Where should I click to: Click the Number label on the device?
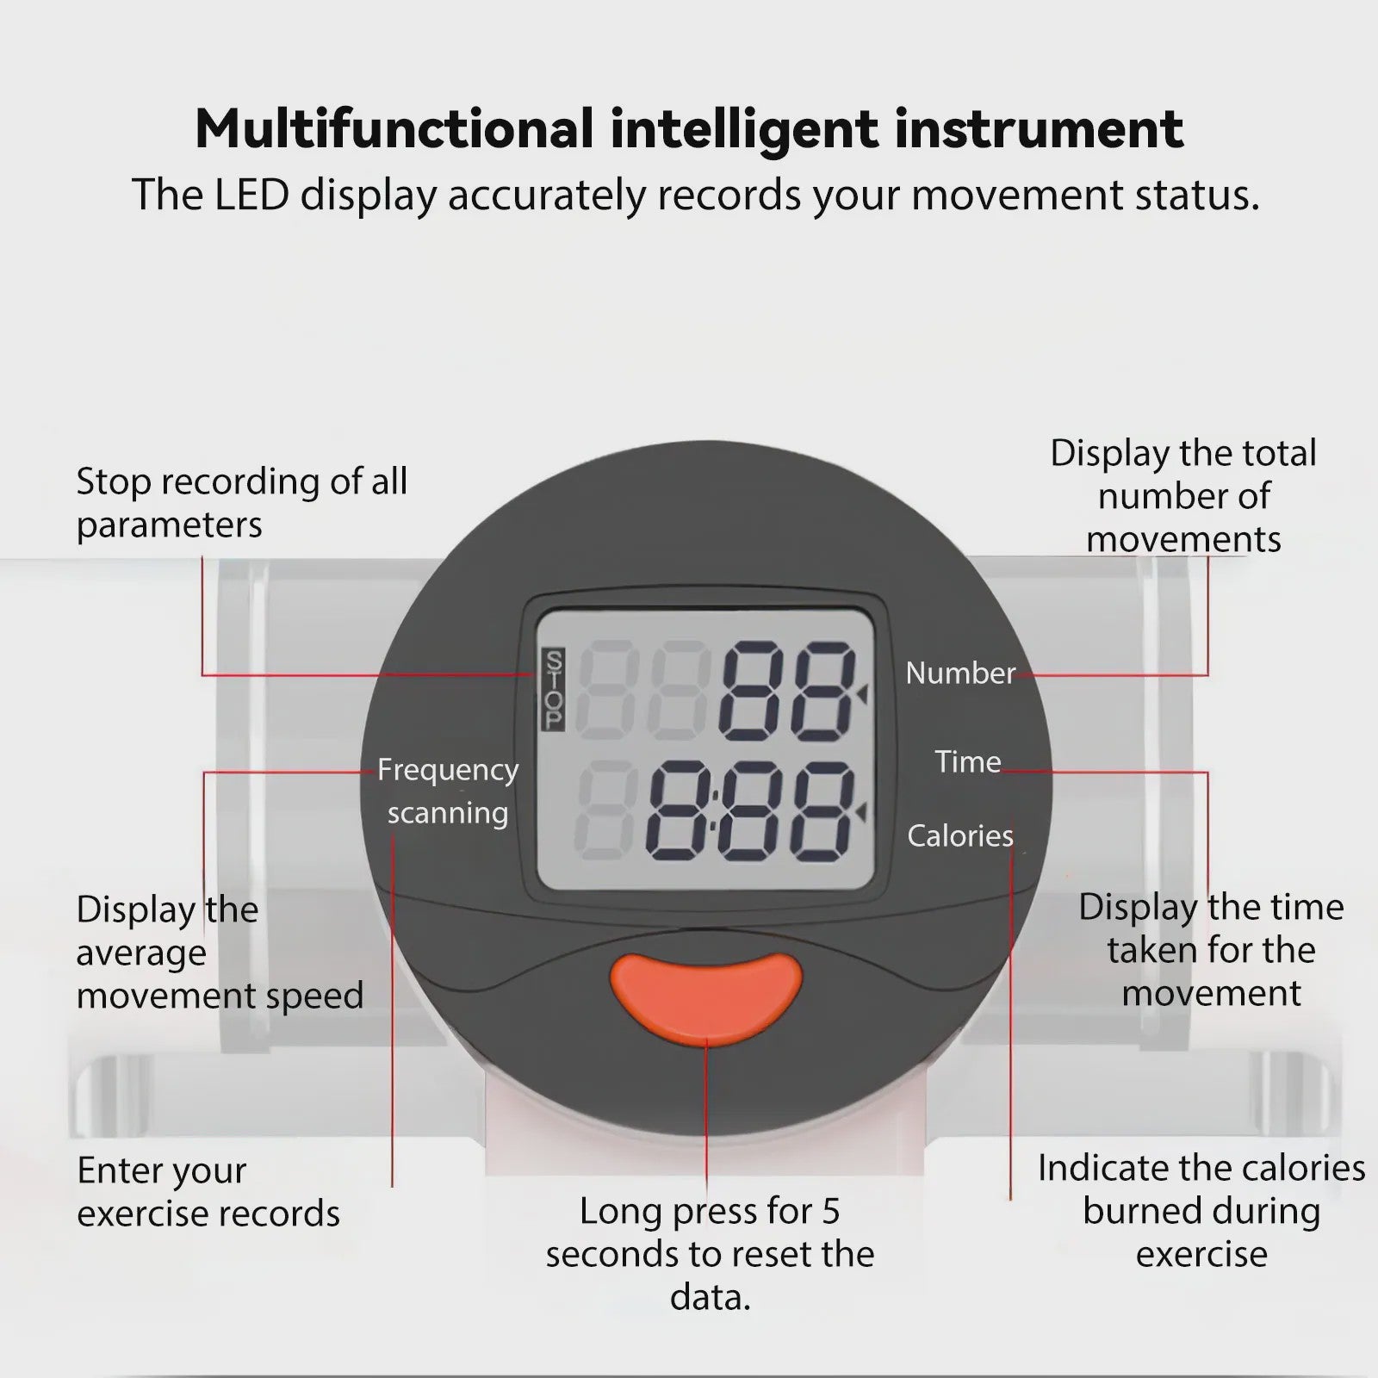tap(960, 673)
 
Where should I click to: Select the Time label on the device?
tap(968, 761)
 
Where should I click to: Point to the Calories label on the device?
tap(960, 835)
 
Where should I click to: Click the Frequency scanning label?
tap(448, 791)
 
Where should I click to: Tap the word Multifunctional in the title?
tap(394, 129)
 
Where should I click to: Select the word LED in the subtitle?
tap(251, 195)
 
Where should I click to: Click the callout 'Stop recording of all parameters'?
tap(242, 503)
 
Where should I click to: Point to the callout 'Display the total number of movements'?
tap(1183, 496)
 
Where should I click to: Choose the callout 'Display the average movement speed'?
tap(220, 953)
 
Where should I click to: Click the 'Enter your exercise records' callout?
tap(208, 1192)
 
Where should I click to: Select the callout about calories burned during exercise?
tap(1201, 1211)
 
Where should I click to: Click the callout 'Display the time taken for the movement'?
tap(1211, 950)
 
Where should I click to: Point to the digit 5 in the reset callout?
tap(830, 1212)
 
